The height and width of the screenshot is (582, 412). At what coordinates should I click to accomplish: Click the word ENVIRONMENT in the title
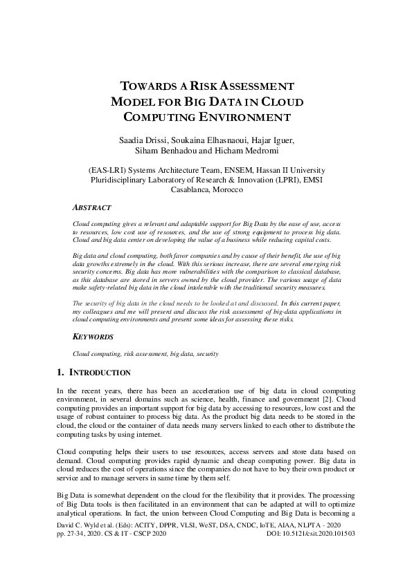(233, 117)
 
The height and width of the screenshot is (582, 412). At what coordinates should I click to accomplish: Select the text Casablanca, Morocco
(206, 190)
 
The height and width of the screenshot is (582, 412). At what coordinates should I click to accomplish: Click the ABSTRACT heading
(92, 207)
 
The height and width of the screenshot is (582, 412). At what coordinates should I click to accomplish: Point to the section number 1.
(60, 373)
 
